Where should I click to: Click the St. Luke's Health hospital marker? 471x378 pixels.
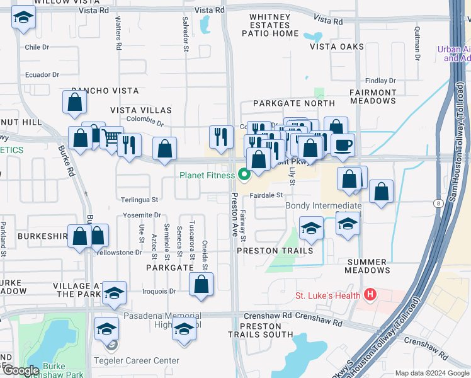[x=370, y=295]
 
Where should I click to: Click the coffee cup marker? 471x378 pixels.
[x=343, y=145]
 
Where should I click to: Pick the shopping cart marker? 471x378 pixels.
[x=111, y=137]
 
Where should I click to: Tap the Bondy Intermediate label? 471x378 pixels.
[x=324, y=206]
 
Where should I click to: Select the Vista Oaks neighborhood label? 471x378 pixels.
[x=337, y=47]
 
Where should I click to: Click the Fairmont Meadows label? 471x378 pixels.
[x=373, y=96]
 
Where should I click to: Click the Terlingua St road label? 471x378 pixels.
[x=139, y=200]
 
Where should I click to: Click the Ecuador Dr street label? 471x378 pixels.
[x=42, y=75]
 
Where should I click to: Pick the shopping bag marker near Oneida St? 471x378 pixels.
[x=201, y=284]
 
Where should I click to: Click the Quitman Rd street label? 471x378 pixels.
[x=417, y=47]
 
